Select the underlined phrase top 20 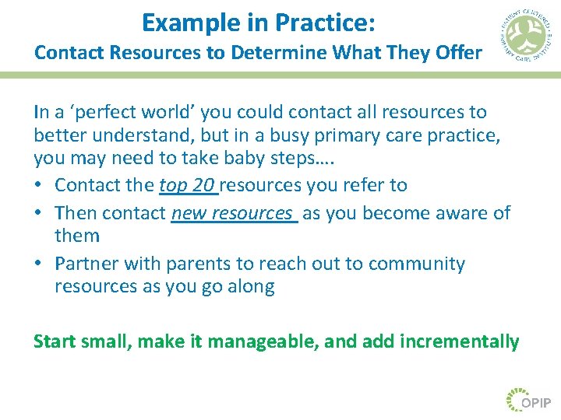[x=188, y=185]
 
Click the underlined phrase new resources [x=234, y=213]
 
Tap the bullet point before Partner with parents [x=39, y=264]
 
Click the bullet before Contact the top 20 [x=39, y=186]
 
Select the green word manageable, [x=259, y=341]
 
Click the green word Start [x=56, y=341]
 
